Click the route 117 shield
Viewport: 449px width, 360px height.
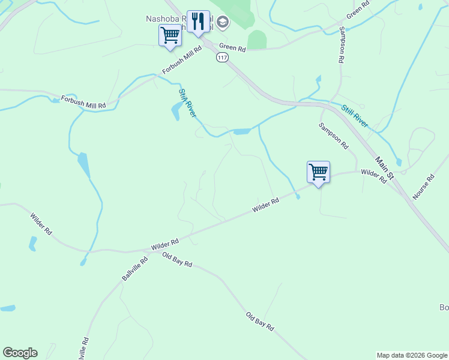[x=223, y=58]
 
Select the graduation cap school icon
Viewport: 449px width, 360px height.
[x=223, y=23]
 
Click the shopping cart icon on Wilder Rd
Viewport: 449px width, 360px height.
[x=318, y=172]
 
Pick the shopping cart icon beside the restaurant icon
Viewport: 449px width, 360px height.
[x=170, y=35]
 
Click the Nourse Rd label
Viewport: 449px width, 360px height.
[x=423, y=187]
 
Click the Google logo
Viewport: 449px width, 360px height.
[x=20, y=353]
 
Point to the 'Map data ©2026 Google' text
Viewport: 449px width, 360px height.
[x=412, y=355]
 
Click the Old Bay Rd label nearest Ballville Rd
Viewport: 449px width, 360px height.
[x=177, y=260]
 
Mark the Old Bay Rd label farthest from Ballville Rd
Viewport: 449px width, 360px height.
[x=260, y=322]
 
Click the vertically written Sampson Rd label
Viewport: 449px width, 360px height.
[x=341, y=44]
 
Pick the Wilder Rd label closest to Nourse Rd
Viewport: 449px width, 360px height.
[x=373, y=176]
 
